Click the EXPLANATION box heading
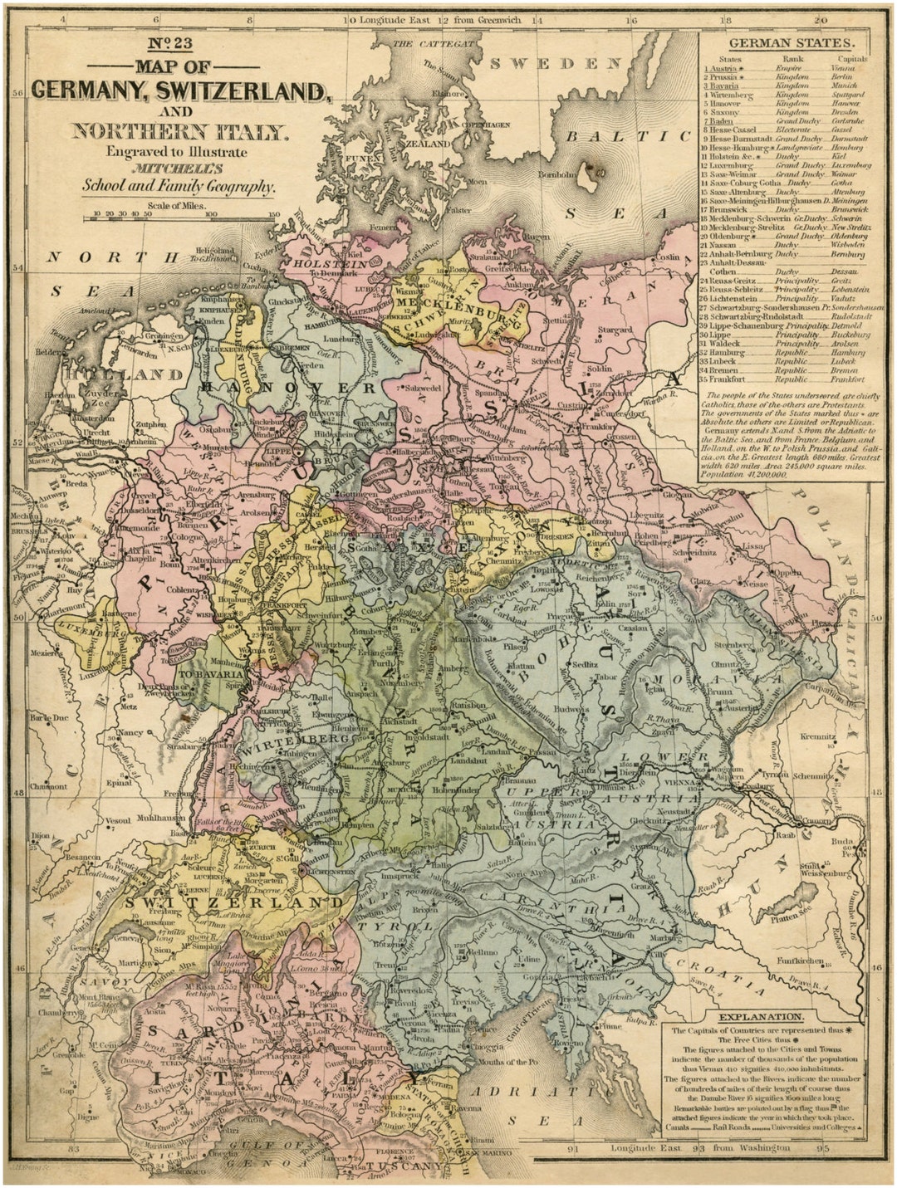(761, 1017)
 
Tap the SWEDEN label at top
(555, 63)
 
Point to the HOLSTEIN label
(331, 263)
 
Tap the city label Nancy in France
(130, 733)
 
